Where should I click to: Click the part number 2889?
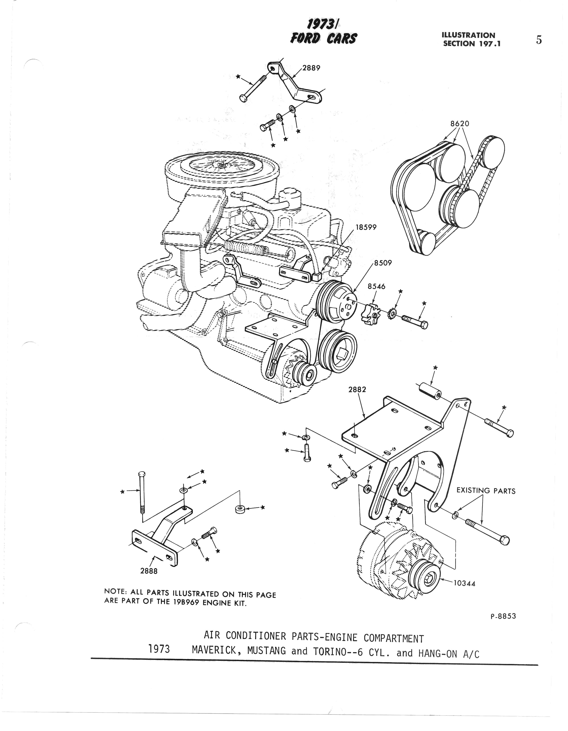pos(311,68)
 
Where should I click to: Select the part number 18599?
pos(366,227)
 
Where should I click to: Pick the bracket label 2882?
pos(357,389)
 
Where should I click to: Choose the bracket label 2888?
pos(149,571)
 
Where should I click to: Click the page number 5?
pos(539,40)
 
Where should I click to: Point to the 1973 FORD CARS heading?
pos(323,32)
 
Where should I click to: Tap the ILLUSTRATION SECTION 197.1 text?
pos(471,39)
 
